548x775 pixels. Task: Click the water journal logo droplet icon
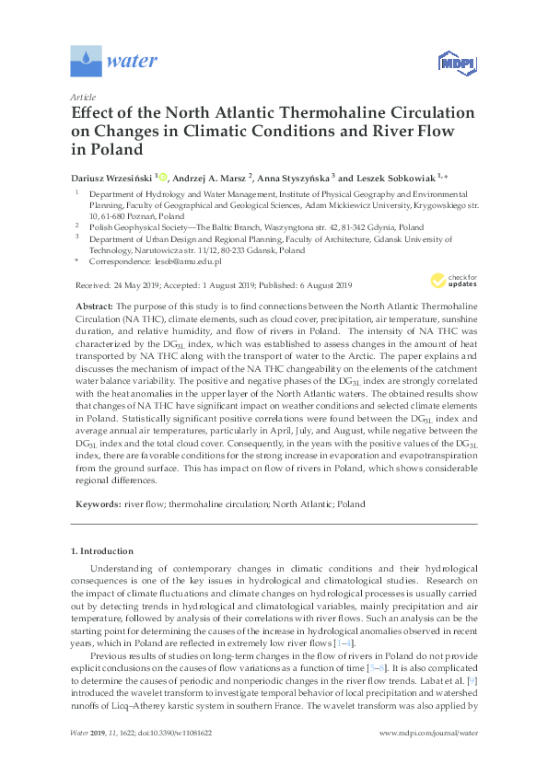(x=86, y=63)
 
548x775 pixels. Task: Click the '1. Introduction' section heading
(x=103, y=550)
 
